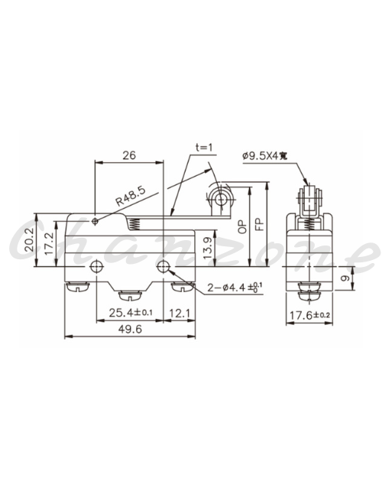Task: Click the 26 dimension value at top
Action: pyautogui.click(x=129, y=155)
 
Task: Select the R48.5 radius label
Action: pyautogui.click(x=131, y=196)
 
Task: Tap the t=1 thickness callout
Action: pyautogui.click(x=204, y=148)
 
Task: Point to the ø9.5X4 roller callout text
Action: pyautogui.click(x=264, y=156)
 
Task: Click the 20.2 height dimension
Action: pyautogui.click(x=29, y=240)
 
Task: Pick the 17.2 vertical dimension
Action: pyautogui.click(x=49, y=243)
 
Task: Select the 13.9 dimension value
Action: pyautogui.click(x=208, y=248)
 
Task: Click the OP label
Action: pyautogui.click(x=242, y=227)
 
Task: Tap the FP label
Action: pyautogui.click(x=259, y=224)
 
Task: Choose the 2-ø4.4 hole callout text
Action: pyautogui.click(x=235, y=287)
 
